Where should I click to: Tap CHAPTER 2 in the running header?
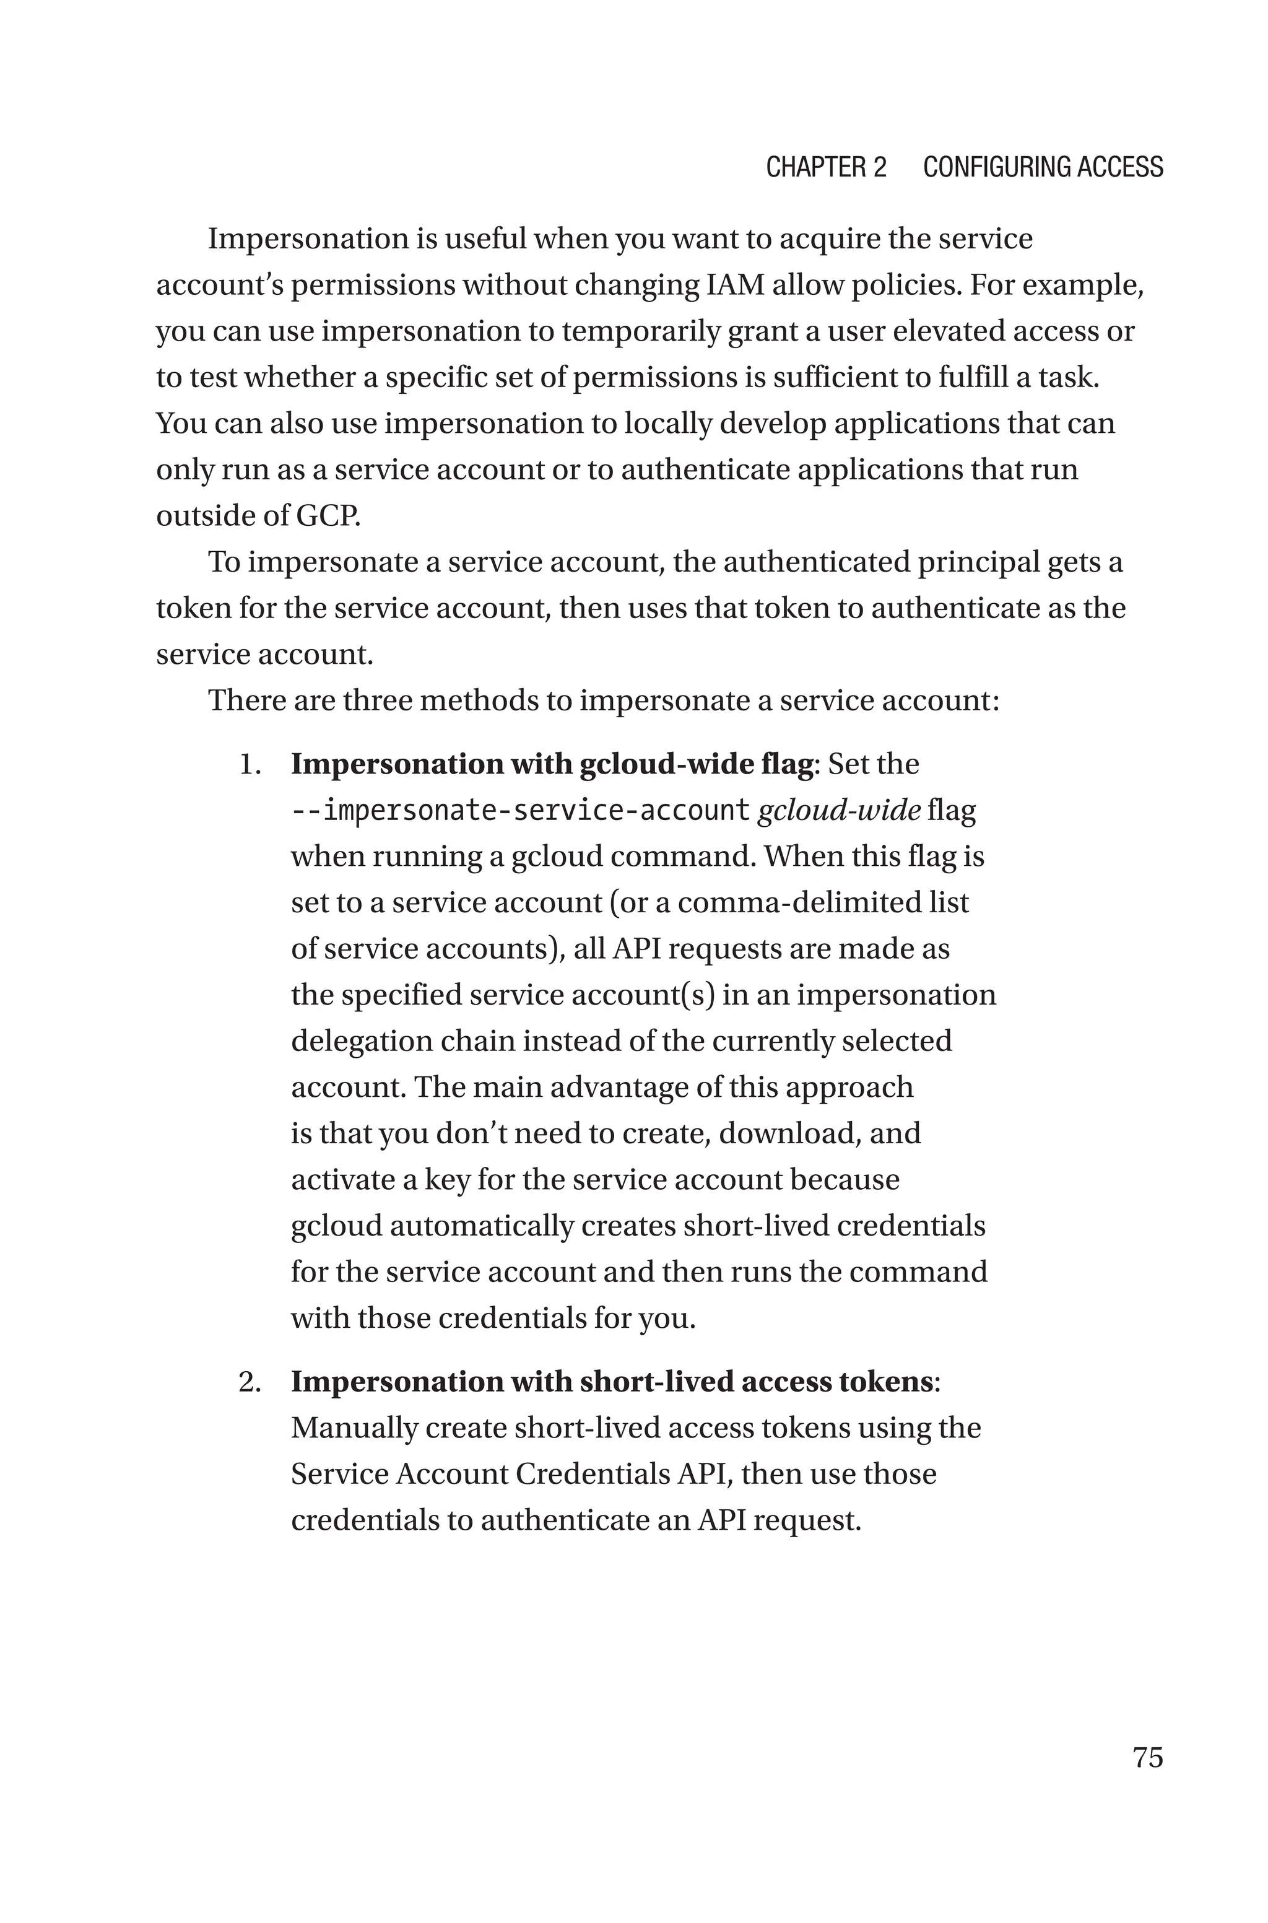[x=826, y=167]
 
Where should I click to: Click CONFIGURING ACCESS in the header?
[x=1043, y=167]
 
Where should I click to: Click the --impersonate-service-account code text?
[x=521, y=810]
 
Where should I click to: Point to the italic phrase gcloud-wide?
[x=838, y=810]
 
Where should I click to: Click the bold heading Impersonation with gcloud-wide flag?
[x=552, y=764]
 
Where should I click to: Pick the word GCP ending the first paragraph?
[x=328, y=516]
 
